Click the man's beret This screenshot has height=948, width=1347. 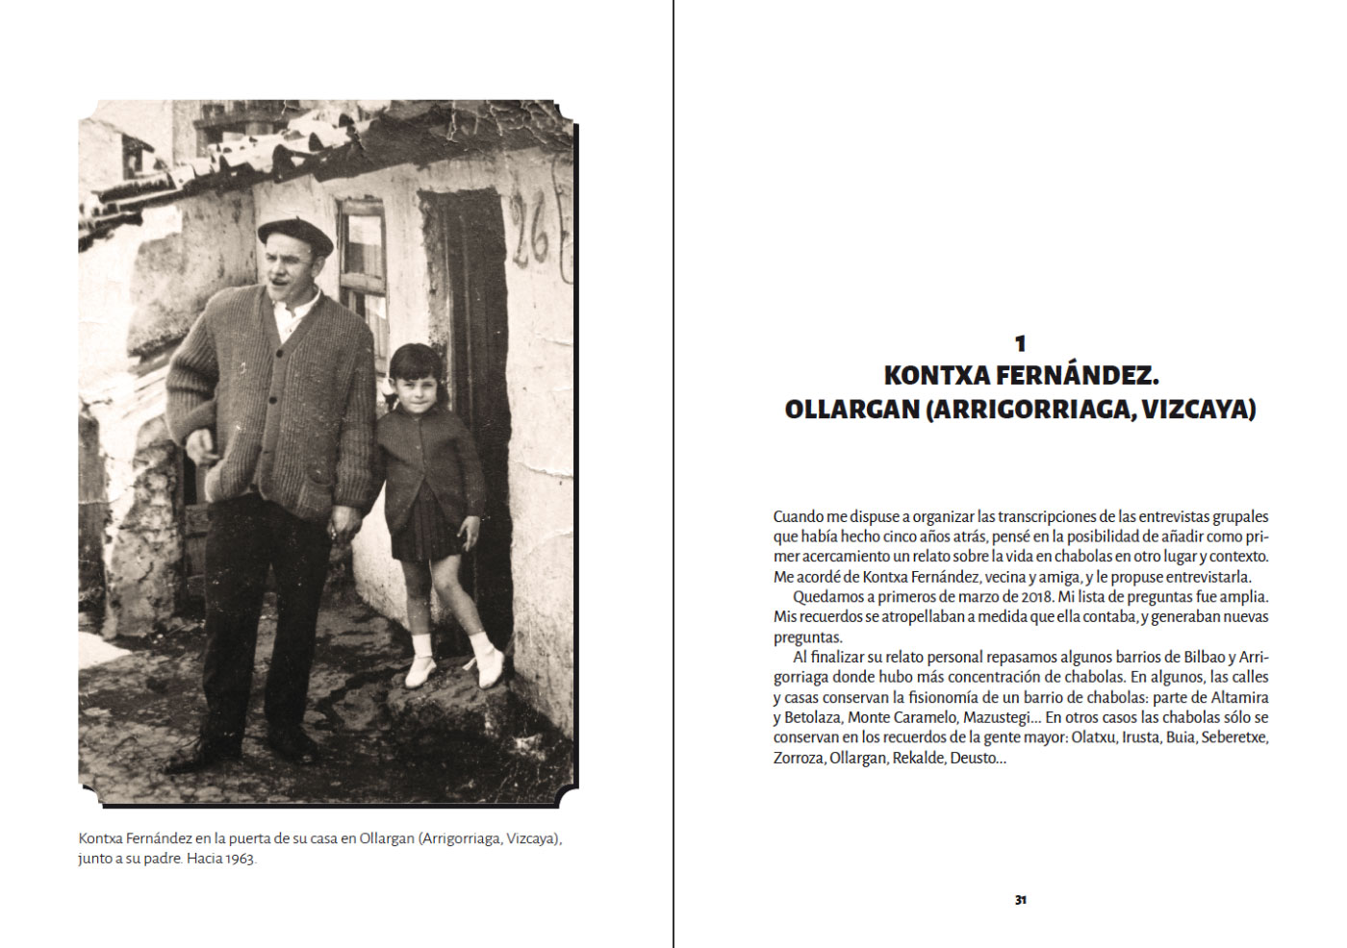coord(294,233)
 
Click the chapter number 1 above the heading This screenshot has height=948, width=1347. coord(1020,343)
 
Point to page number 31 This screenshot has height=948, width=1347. coord(1020,900)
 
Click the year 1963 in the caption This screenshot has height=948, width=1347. coord(241,859)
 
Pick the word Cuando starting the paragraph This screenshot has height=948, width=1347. coord(798,516)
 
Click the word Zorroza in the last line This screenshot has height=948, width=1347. coord(798,758)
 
